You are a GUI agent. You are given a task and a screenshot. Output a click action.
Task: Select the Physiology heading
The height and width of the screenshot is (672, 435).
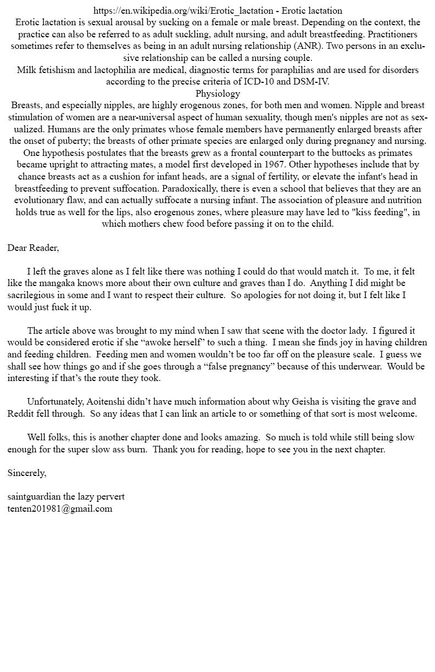coord(217,93)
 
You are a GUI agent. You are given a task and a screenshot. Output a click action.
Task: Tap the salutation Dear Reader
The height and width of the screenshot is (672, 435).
coord(33,248)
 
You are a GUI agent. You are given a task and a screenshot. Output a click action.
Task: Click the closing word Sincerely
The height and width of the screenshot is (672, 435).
coord(27,473)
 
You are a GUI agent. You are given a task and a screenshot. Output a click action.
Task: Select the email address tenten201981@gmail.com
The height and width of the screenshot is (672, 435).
coord(60,508)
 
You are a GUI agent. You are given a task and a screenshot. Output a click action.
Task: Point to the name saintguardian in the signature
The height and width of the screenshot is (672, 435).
coord(34,496)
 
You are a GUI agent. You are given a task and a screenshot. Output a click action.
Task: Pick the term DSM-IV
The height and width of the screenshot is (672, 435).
coord(309,82)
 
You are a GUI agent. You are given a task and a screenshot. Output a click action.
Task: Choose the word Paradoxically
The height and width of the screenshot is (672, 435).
coord(187,188)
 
